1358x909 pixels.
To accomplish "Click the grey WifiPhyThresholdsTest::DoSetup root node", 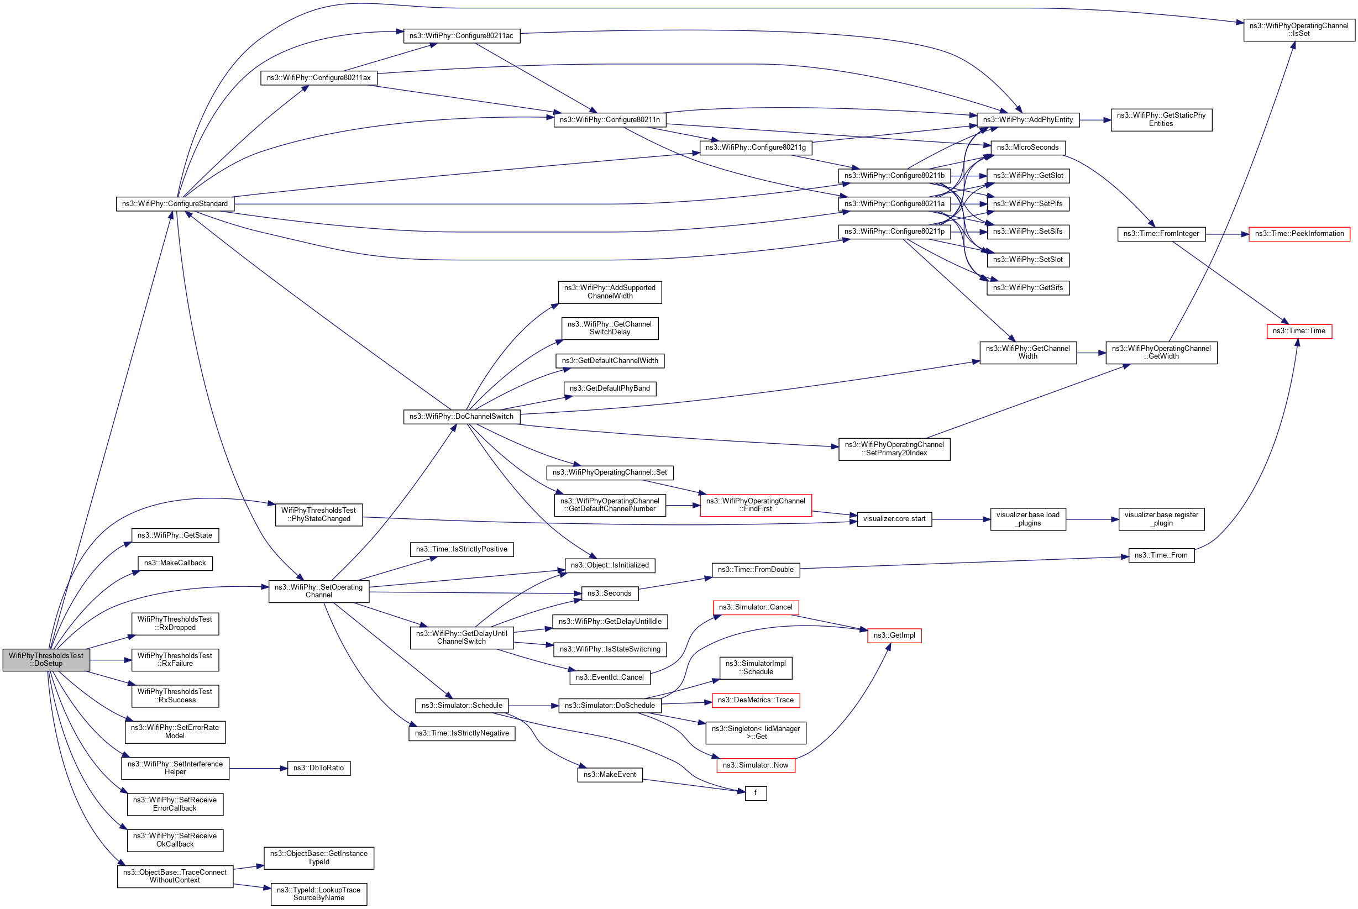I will (46, 660).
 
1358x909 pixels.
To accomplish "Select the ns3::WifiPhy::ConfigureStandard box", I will (175, 204).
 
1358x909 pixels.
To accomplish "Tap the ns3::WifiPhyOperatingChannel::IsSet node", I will (1298, 30).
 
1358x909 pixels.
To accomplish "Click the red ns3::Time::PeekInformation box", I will (1299, 234).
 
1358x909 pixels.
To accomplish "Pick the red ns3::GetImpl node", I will (894, 635).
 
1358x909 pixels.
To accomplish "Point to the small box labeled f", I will (755, 793).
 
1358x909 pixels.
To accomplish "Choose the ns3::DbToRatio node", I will (318, 768).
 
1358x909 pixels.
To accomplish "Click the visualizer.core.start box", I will (894, 519).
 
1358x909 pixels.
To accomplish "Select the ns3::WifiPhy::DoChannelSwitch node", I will (461, 417).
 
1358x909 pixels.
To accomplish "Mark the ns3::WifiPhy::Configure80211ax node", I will (318, 78).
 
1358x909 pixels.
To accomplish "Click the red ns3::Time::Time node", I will (1298, 331).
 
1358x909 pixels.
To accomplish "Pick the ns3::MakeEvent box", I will (610, 775).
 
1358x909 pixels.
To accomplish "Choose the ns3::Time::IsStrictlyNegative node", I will (462, 733).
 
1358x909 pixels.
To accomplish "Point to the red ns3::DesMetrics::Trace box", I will (755, 700).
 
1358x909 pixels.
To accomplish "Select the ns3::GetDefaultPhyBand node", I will (610, 388).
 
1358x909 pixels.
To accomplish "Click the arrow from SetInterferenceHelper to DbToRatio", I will (258, 769).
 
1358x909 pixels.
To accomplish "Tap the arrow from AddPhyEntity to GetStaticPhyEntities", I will (1095, 120).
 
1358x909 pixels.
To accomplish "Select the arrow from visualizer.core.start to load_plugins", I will (961, 519).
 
